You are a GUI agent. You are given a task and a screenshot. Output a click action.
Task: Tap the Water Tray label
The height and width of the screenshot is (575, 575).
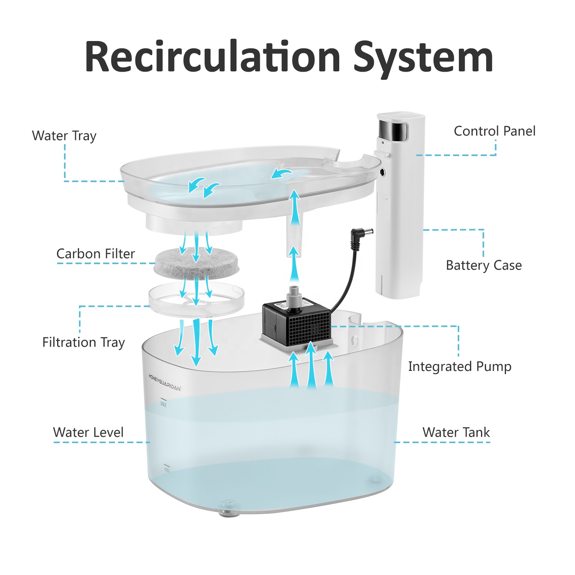pyautogui.click(x=64, y=136)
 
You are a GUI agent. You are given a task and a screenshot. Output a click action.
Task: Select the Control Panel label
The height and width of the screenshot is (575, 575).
pyautogui.click(x=494, y=131)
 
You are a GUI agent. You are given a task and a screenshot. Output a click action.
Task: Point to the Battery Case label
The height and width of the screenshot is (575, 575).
pyautogui.click(x=483, y=265)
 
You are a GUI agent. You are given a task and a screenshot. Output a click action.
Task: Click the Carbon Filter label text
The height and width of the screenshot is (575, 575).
pyautogui.click(x=95, y=254)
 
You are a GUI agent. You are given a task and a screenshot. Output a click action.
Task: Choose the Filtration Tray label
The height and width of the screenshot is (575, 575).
pyautogui.click(x=84, y=342)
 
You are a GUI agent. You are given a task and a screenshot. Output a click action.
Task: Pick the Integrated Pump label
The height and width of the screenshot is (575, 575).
pyautogui.click(x=459, y=366)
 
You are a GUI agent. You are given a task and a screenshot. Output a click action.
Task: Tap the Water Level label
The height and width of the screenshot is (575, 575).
pyautogui.click(x=88, y=432)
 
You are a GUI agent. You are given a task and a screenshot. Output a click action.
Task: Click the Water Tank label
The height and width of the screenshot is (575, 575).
pyautogui.click(x=456, y=432)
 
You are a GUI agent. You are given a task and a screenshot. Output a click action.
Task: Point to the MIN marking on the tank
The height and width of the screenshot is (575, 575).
pyautogui.click(x=167, y=469)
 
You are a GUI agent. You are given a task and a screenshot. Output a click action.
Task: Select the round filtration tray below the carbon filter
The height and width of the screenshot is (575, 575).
pyautogui.click(x=196, y=299)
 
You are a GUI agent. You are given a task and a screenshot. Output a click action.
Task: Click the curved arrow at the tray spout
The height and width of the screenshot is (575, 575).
pyautogui.click(x=282, y=174)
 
